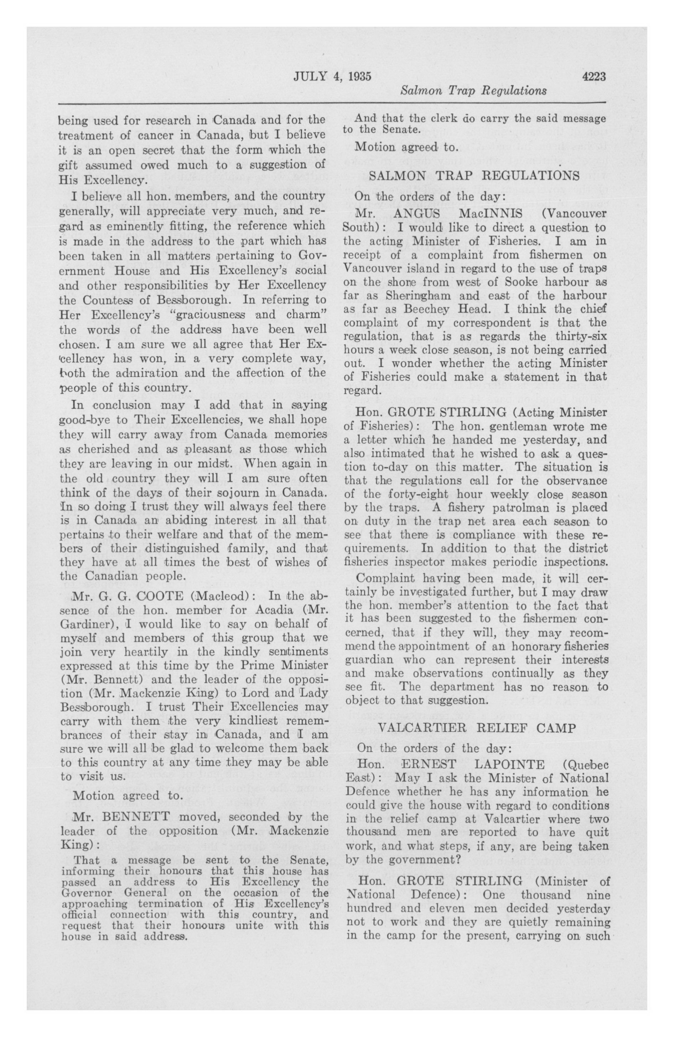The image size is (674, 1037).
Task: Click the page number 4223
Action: tap(593, 77)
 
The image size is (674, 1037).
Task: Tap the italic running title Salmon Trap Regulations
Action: tap(473, 91)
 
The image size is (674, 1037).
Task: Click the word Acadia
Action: tap(278, 611)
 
